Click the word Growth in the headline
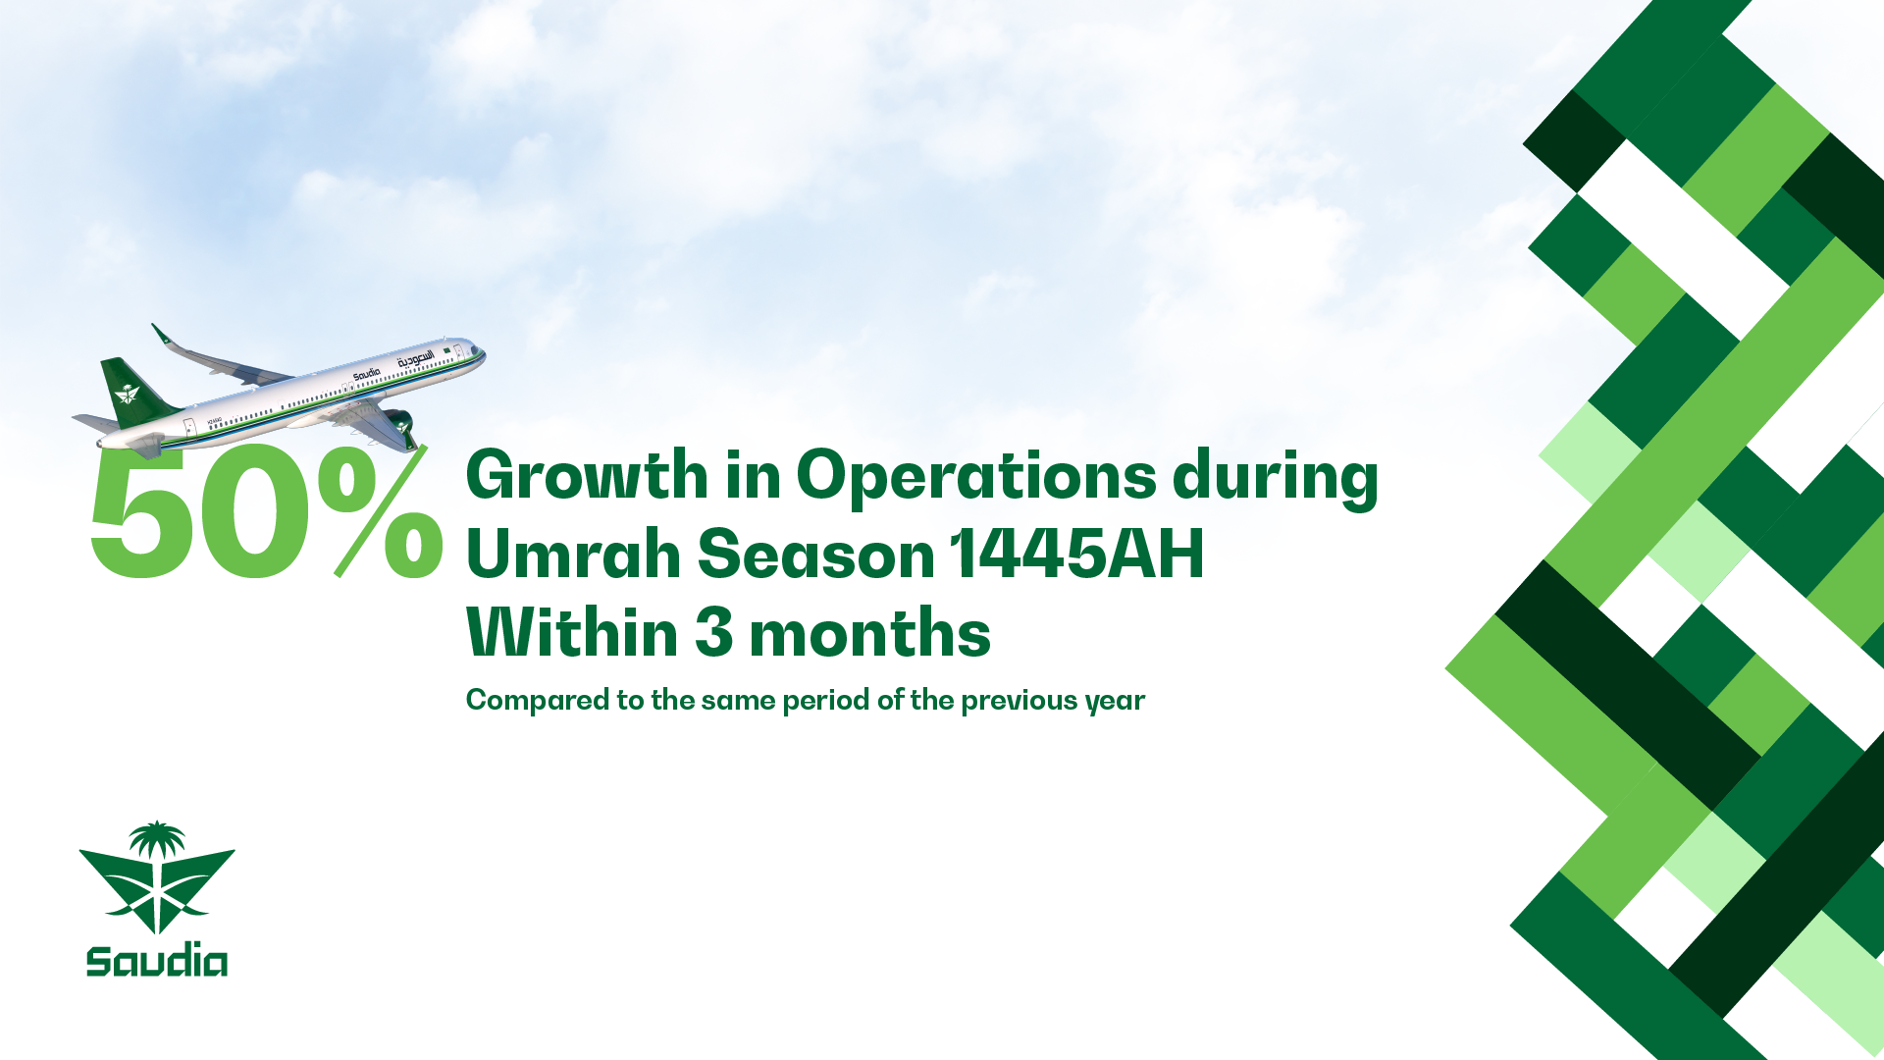tap(587, 475)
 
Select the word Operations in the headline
tap(976, 479)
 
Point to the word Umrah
tap(574, 554)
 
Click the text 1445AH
tap(1076, 554)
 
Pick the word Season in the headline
tap(816, 554)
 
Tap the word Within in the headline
tap(572, 632)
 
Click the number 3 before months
tap(713, 632)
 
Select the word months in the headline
tap(869, 632)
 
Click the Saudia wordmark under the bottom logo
tap(157, 960)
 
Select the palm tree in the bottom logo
tap(157, 841)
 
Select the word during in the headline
tap(1276, 479)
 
